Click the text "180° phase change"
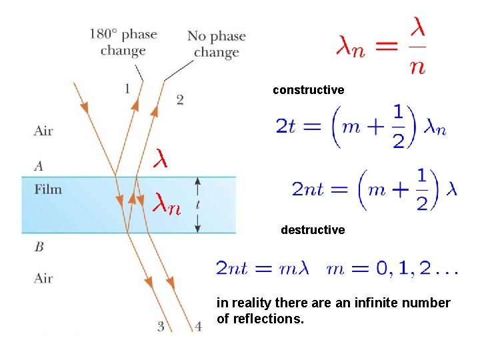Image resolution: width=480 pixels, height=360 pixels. (123, 42)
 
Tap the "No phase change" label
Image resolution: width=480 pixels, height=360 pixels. (216, 44)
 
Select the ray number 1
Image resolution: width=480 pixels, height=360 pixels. (127, 89)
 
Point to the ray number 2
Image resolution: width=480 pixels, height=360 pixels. (180, 99)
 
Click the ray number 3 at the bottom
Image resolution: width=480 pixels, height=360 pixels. (161, 325)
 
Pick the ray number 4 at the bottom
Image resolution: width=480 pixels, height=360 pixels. (198, 326)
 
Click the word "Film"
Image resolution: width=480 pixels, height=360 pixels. (48, 189)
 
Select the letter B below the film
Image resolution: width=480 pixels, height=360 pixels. (39, 247)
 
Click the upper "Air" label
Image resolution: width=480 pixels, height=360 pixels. (43, 131)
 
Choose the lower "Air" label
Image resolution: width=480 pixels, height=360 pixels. (43, 278)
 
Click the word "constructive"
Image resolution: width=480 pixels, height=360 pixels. (308, 89)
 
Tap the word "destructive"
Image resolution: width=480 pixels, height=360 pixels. (313, 230)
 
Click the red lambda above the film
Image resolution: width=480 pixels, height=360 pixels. (160, 159)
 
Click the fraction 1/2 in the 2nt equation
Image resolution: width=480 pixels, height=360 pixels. (421, 189)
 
